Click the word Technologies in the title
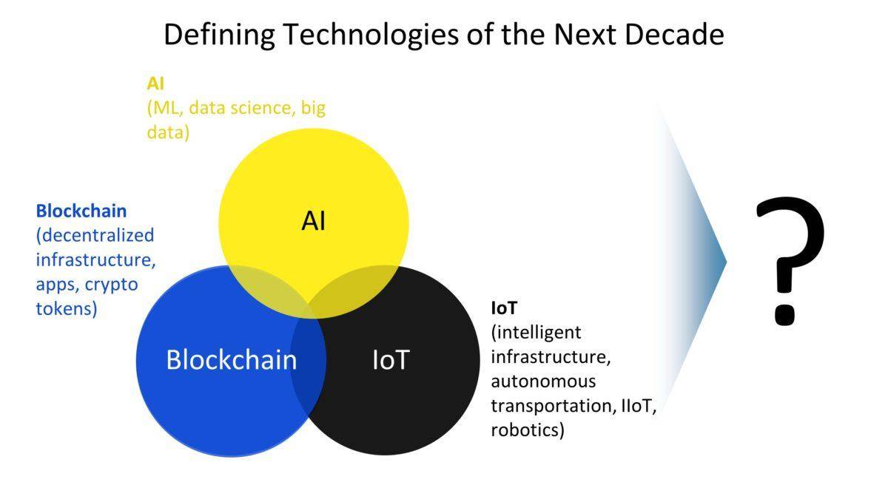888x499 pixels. tap(371, 35)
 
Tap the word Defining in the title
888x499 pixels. tap(219, 35)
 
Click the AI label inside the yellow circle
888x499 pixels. tap(313, 221)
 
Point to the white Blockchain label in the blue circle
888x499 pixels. tap(232, 359)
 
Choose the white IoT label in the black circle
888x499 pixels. tap(391, 361)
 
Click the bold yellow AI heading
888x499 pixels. tap(155, 84)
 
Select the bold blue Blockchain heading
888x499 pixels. tap(81, 211)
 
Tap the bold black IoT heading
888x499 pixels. tap(504, 308)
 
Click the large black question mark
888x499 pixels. tap(790, 262)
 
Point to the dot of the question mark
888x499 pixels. tap(785, 314)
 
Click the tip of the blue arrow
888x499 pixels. tap(726, 262)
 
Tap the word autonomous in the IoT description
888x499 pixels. tap(543, 381)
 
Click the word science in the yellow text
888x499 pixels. tap(263, 108)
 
